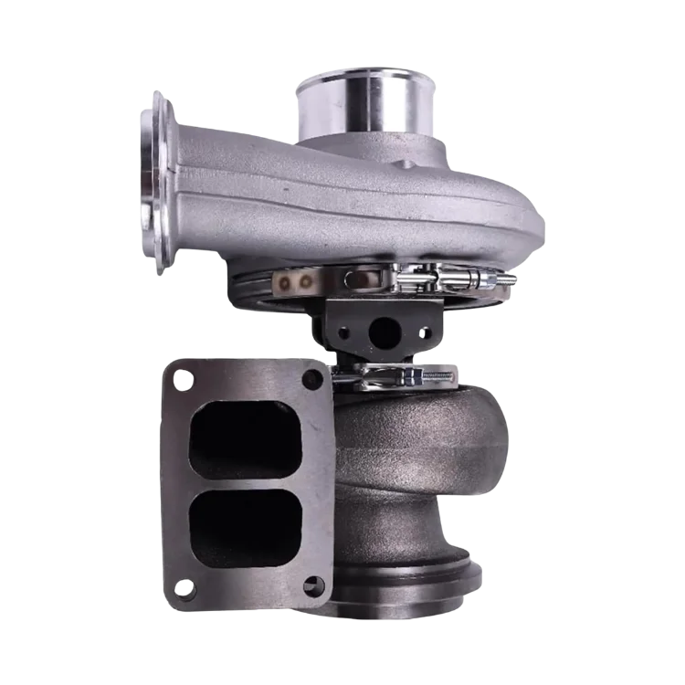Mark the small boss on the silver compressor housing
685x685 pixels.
click(404, 164)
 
